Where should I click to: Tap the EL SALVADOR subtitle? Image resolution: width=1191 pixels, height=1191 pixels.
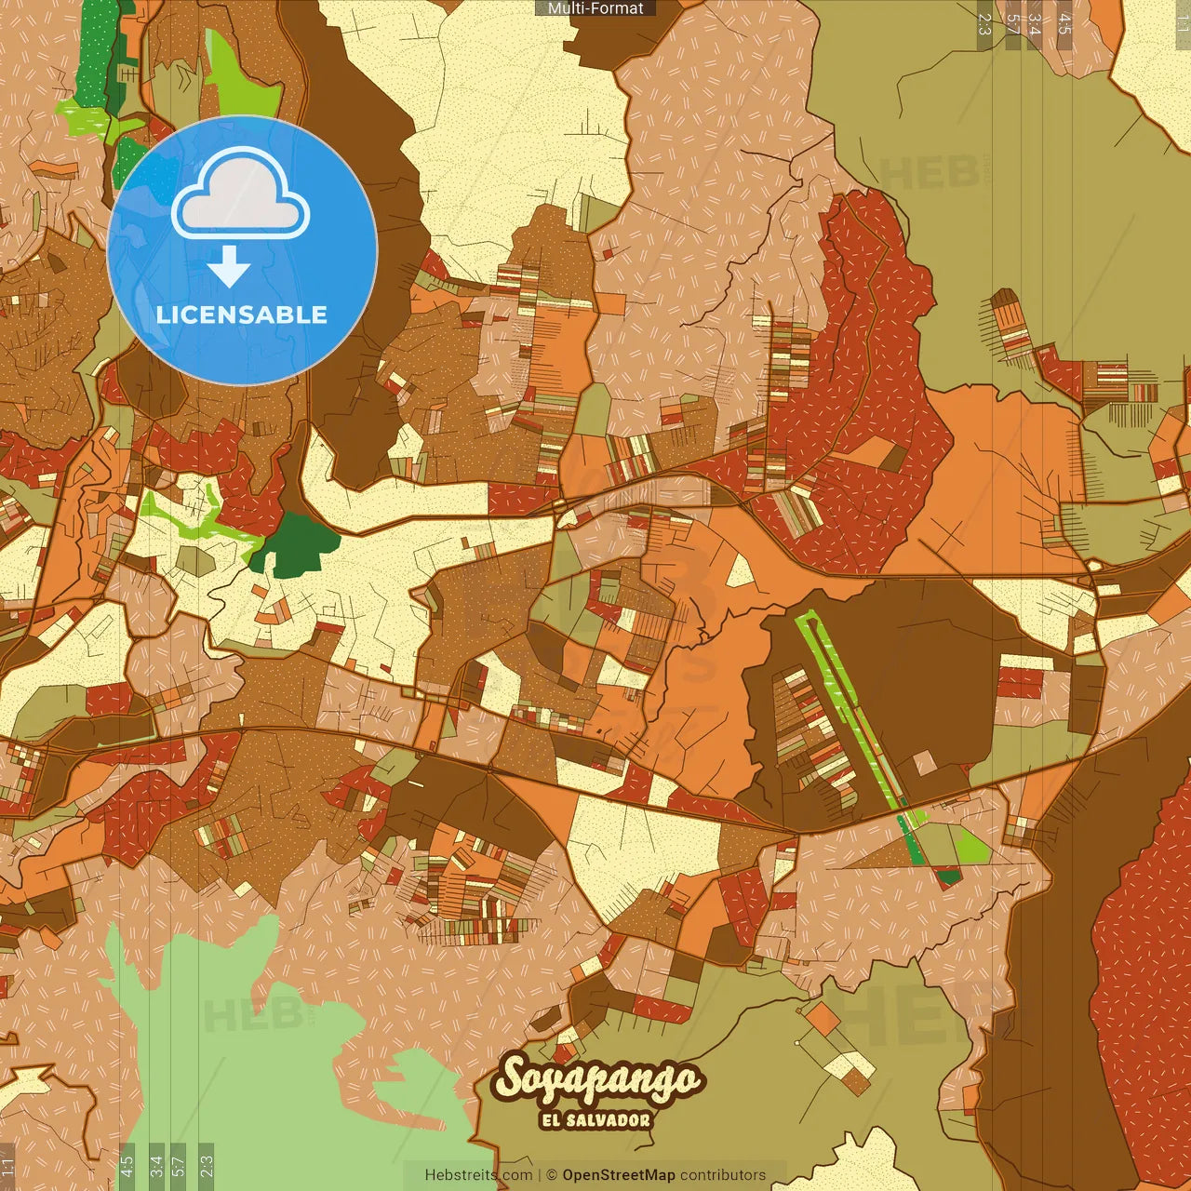pyautogui.click(x=595, y=1119)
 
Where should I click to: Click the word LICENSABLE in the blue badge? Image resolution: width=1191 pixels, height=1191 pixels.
pyautogui.click(x=242, y=314)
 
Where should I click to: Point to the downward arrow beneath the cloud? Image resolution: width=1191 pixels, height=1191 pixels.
pyautogui.click(x=229, y=267)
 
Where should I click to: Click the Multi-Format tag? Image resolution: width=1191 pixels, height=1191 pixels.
pyautogui.click(x=595, y=8)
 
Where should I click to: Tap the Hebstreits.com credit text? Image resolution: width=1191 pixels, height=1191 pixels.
pyautogui.click(x=479, y=1175)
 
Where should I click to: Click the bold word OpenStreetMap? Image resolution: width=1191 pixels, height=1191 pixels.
pyautogui.click(x=619, y=1175)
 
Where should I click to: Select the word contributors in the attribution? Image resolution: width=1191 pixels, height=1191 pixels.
pyautogui.click(x=723, y=1175)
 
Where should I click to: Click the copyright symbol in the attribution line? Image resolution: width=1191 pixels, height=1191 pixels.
pyautogui.click(x=552, y=1175)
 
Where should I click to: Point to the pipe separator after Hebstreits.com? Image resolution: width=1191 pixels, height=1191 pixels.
pyautogui.click(x=539, y=1175)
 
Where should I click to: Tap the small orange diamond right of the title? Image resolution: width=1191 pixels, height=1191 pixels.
pyautogui.click(x=823, y=1018)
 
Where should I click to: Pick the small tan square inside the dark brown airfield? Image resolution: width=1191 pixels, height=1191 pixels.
pyautogui.click(x=924, y=763)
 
